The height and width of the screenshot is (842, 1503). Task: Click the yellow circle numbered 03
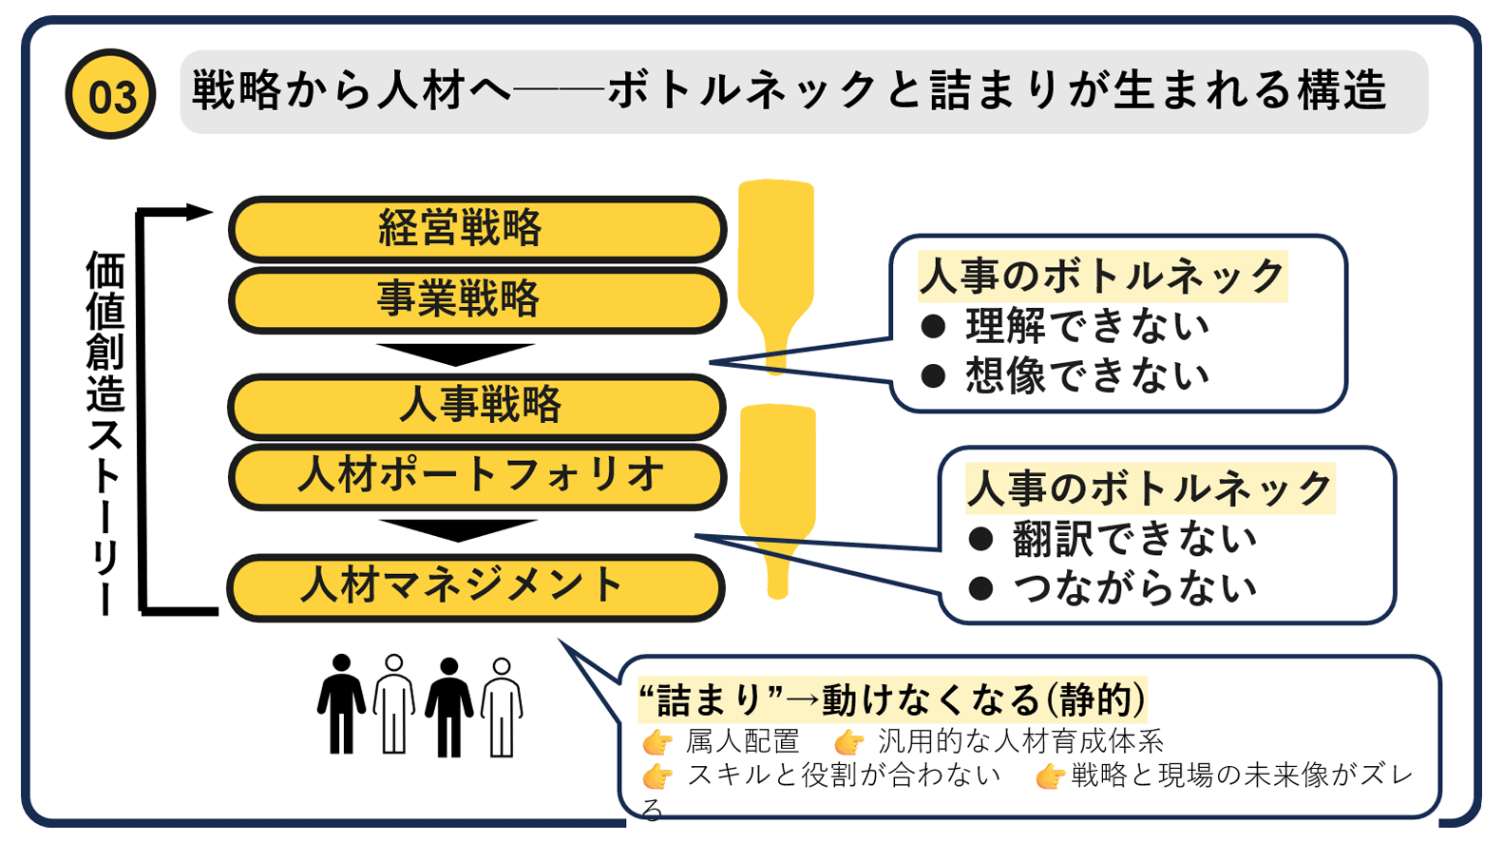pos(110,95)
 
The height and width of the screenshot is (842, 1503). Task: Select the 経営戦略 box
pos(477,229)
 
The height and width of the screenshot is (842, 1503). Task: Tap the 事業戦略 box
pos(477,300)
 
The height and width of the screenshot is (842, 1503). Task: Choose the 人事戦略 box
pos(477,406)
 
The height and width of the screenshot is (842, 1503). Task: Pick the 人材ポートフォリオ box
pos(477,475)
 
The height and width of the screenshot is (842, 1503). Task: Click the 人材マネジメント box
pos(475,586)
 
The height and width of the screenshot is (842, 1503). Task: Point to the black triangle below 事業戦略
pos(456,353)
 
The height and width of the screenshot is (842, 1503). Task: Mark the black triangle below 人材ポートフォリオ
pos(458,528)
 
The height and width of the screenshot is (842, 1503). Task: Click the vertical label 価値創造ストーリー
pos(105,432)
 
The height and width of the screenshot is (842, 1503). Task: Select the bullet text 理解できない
pos(1087,326)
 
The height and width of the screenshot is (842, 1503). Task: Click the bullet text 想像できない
pos(1087,375)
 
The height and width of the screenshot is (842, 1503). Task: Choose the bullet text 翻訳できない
pos(1134,539)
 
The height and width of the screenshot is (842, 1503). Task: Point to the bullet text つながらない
pos(1134,588)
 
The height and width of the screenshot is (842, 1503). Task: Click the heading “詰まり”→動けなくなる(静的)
pos(893,700)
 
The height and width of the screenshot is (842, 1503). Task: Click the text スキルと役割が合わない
pos(844,775)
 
